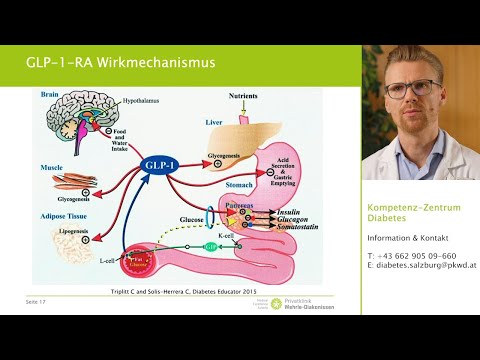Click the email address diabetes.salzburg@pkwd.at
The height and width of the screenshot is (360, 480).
421,266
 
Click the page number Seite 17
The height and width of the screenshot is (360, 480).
37,301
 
